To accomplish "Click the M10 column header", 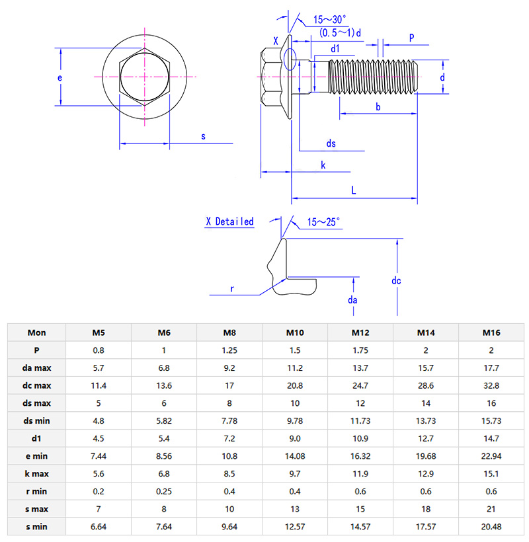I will [295, 332].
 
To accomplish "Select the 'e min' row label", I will [36, 455].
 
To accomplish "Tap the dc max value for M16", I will [492, 385].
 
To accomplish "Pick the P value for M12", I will [360, 350].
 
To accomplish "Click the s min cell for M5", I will [99, 525].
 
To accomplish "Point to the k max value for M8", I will [229, 473].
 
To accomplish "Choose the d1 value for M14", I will [426, 438].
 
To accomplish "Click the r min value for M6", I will [164, 490].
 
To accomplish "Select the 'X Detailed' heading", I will [229, 222].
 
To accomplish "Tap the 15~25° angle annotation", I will [324, 223].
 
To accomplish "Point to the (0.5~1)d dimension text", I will [340, 32].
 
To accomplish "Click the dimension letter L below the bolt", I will [354, 190].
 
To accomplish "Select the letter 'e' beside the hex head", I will [60, 77].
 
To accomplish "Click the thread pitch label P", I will [411, 38].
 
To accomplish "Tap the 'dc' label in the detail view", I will [396, 281].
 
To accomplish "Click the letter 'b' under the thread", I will [378, 106].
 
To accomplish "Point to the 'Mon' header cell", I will [36, 332].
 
